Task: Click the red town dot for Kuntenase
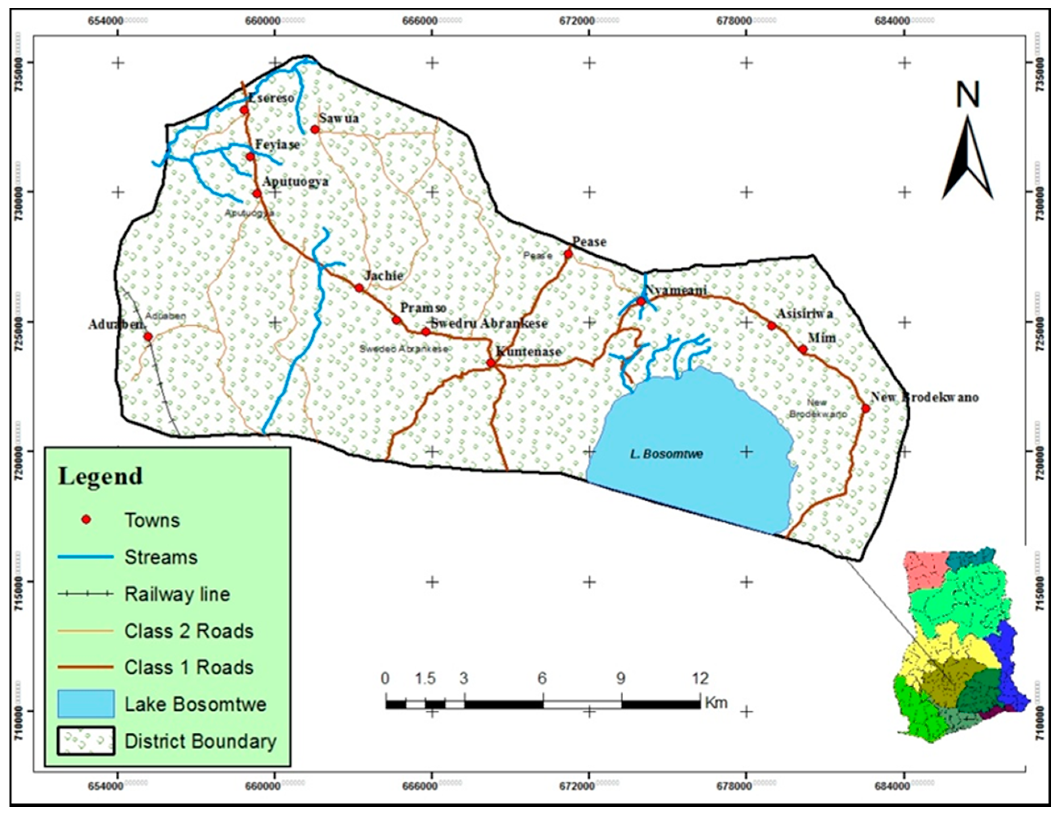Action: [x=491, y=363]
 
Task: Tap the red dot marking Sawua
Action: [x=315, y=130]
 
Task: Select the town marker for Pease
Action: [x=568, y=253]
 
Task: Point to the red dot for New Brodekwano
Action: [x=865, y=408]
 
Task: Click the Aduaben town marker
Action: [x=147, y=337]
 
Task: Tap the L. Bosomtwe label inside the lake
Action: [x=667, y=454]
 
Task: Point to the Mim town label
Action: [x=822, y=338]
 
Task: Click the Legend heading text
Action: [x=101, y=476]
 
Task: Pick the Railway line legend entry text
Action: [x=177, y=594]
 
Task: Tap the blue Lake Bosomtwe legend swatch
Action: [x=86, y=704]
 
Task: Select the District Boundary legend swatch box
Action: [x=86, y=741]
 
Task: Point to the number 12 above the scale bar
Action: [x=700, y=678]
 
